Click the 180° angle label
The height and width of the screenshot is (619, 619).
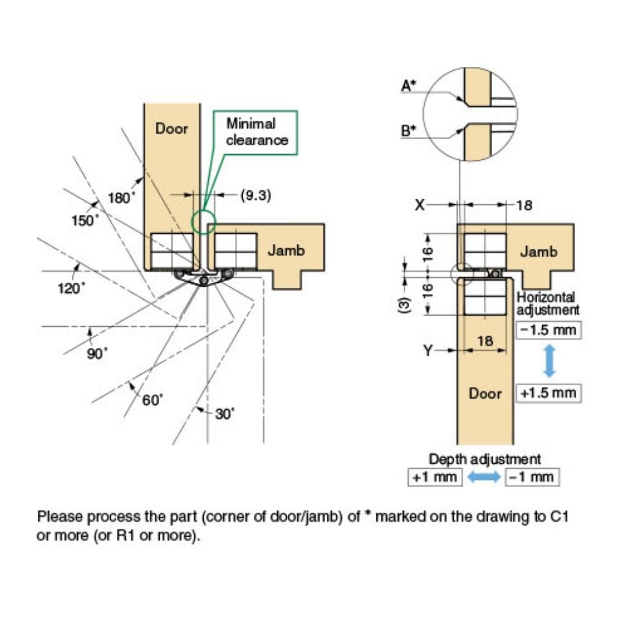[121, 198]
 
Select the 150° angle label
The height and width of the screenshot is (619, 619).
[85, 220]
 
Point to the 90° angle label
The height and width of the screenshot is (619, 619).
[97, 353]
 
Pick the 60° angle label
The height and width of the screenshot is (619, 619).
[152, 400]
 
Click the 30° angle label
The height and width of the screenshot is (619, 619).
[225, 413]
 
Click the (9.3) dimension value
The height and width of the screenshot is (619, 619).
[255, 195]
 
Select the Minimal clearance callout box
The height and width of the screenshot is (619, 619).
[256, 132]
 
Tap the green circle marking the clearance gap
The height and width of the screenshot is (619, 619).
[202, 221]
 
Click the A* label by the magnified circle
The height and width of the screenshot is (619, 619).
[409, 87]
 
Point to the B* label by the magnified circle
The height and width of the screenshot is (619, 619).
[409, 131]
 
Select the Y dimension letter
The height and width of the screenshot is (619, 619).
[428, 352]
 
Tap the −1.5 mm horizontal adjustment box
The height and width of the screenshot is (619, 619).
[548, 330]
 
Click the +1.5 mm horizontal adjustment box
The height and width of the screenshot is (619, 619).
[548, 393]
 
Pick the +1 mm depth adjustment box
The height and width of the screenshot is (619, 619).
[435, 477]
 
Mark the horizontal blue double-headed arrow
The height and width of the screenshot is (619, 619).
[484, 477]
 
